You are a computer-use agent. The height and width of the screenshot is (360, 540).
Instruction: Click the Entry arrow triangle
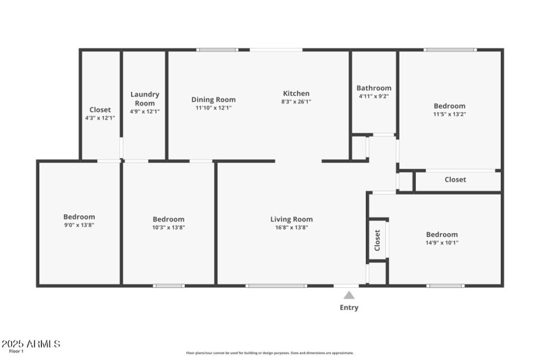click(x=349, y=294)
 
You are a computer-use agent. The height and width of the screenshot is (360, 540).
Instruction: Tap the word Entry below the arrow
click(x=349, y=308)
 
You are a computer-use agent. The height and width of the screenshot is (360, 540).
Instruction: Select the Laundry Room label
click(x=144, y=99)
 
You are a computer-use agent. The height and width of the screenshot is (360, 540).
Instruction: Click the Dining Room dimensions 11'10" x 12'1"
click(x=213, y=108)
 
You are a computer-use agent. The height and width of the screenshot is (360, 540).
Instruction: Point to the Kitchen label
click(x=296, y=93)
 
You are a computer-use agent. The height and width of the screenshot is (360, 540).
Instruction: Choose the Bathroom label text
click(x=374, y=88)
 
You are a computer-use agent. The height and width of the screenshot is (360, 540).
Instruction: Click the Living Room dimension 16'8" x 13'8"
click(x=292, y=228)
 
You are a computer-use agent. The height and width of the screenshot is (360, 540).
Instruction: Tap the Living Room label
click(x=292, y=219)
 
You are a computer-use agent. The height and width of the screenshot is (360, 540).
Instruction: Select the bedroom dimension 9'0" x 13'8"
click(x=79, y=226)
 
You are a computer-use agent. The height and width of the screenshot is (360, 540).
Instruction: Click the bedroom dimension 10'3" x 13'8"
click(x=168, y=228)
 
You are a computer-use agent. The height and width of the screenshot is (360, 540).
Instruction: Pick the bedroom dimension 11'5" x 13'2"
click(x=450, y=114)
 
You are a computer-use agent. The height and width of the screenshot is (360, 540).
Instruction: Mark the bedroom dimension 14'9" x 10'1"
click(x=442, y=242)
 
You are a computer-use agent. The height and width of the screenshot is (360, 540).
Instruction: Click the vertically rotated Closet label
click(x=377, y=239)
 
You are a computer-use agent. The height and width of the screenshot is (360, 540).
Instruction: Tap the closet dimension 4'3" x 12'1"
click(x=100, y=118)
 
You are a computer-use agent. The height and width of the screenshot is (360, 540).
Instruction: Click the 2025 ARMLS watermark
click(x=31, y=344)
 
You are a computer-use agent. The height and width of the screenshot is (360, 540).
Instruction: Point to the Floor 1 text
click(x=16, y=351)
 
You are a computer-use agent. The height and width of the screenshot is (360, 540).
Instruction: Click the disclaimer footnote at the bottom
click(x=270, y=353)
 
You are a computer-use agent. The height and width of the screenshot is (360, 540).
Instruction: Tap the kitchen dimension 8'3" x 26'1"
click(x=296, y=102)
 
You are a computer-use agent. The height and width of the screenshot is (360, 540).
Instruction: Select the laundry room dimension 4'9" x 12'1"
click(x=144, y=111)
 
